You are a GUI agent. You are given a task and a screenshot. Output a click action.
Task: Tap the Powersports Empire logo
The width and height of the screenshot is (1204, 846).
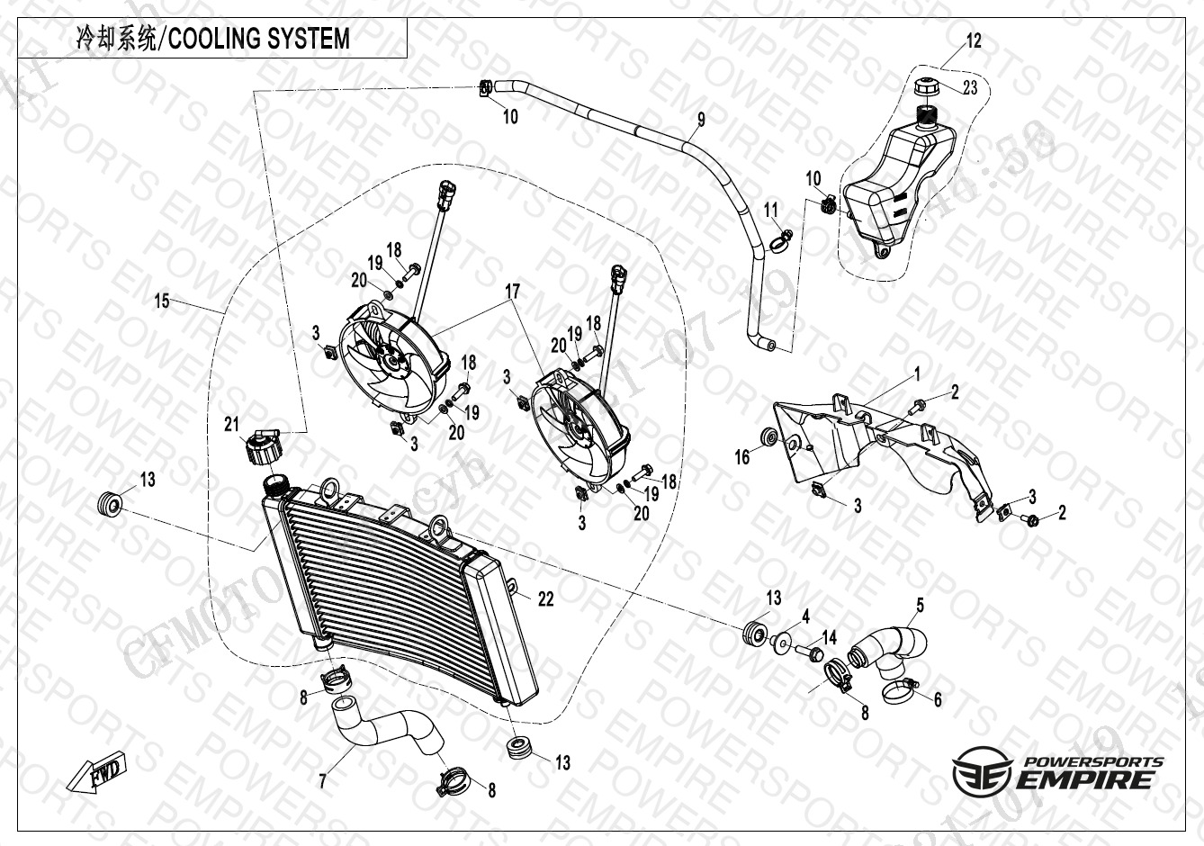[x=1057, y=769]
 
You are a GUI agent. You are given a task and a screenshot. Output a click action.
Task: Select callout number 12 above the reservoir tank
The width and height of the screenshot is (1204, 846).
[x=974, y=40]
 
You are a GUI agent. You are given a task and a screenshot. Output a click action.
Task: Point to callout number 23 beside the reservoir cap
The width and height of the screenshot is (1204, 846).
[x=969, y=87]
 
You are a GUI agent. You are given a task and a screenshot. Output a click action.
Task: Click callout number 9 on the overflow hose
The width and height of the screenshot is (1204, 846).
[x=701, y=119]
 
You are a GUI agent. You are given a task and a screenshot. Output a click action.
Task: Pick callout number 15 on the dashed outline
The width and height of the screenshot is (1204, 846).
[x=162, y=301]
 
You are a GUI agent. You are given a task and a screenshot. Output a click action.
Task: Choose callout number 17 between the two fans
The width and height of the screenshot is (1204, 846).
[x=512, y=291]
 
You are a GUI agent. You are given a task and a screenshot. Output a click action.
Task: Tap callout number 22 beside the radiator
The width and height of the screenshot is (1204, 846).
[x=545, y=599]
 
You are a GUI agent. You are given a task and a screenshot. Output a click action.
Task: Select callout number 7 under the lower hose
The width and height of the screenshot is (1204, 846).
[x=322, y=781]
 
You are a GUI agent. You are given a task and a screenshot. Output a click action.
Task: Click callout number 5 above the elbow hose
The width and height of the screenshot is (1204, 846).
[x=920, y=605]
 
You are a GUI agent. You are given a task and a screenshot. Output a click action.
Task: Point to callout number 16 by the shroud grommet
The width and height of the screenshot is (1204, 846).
[x=741, y=458]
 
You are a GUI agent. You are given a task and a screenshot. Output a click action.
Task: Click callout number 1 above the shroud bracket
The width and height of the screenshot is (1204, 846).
[x=917, y=372]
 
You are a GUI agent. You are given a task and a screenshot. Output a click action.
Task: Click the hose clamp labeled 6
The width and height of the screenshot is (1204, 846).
[x=901, y=691]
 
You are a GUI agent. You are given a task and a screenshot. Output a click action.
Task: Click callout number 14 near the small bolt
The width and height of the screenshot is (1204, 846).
[x=829, y=637]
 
